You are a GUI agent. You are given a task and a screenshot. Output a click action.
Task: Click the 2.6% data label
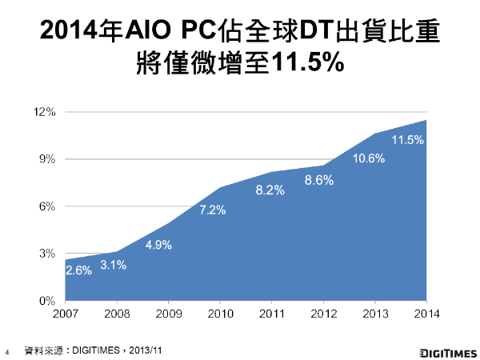pos(78,270)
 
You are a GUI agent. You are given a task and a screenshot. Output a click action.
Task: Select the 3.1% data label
pos(114,265)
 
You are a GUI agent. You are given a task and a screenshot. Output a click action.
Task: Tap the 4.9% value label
pos(158,245)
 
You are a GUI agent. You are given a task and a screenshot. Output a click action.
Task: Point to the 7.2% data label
pos(212,210)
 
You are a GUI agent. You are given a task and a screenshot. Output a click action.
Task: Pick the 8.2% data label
pos(270,190)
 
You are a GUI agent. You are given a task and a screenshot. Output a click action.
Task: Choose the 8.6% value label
pos(318,181)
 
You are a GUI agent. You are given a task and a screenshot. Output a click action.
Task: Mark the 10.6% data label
pos(368,158)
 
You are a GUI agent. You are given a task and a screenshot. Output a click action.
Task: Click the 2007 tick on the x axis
pos(66,314)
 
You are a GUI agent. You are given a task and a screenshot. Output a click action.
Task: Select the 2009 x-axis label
pos(168,314)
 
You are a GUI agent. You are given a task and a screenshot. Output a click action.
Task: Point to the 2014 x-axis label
pos(426,314)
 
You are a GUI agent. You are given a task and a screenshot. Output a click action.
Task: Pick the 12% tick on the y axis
pos(44,112)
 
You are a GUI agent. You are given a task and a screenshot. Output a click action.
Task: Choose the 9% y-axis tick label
pos(47,159)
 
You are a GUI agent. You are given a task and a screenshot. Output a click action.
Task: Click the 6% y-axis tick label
pos(47,206)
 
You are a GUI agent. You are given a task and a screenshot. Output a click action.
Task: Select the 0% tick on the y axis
pos(47,301)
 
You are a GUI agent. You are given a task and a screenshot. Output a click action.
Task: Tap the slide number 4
pos(7,351)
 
